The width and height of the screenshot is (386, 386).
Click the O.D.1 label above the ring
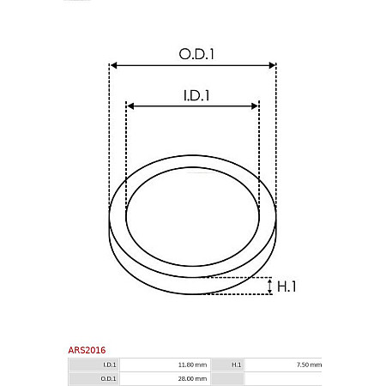pyautogui.click(x=196, y=53)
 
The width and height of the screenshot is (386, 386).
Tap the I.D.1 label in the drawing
pyautogui.click(x=196, y=95)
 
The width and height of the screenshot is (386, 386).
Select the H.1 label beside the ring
pyautogui.click(x=286, y=286)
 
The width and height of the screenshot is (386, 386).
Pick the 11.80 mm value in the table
pyautogui.click(x=193, y=365)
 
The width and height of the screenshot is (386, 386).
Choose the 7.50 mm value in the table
pyautogui.click(x=309, y=365)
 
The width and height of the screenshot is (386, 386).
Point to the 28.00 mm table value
pyautogui.click(x=193, y=377)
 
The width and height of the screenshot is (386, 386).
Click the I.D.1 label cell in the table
pyautogui.click(x=109, y=365)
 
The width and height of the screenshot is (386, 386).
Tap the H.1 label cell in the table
pyautogui.click(x=237, y=365)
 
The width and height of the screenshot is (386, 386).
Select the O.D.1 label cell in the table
pyautogui.click(x=109, y=377)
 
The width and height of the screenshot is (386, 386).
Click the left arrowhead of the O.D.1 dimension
pyautogui.click(x=114, y=65)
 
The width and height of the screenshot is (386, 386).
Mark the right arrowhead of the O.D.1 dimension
pyautogui.click(x=272, y=65)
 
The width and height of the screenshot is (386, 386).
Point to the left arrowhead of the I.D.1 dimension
pyautogui.click(x=130, y=106)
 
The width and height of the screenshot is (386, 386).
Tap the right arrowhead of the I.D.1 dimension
pyautogui.click(x=255, y=106)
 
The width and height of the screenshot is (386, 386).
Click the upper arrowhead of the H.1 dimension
pyautogui.click(x=269, y=280)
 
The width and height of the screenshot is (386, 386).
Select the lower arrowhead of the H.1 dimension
pyautogui.click(x=269, y=292)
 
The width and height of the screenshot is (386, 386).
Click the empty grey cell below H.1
pyautogui.click(x=237, y=377)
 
